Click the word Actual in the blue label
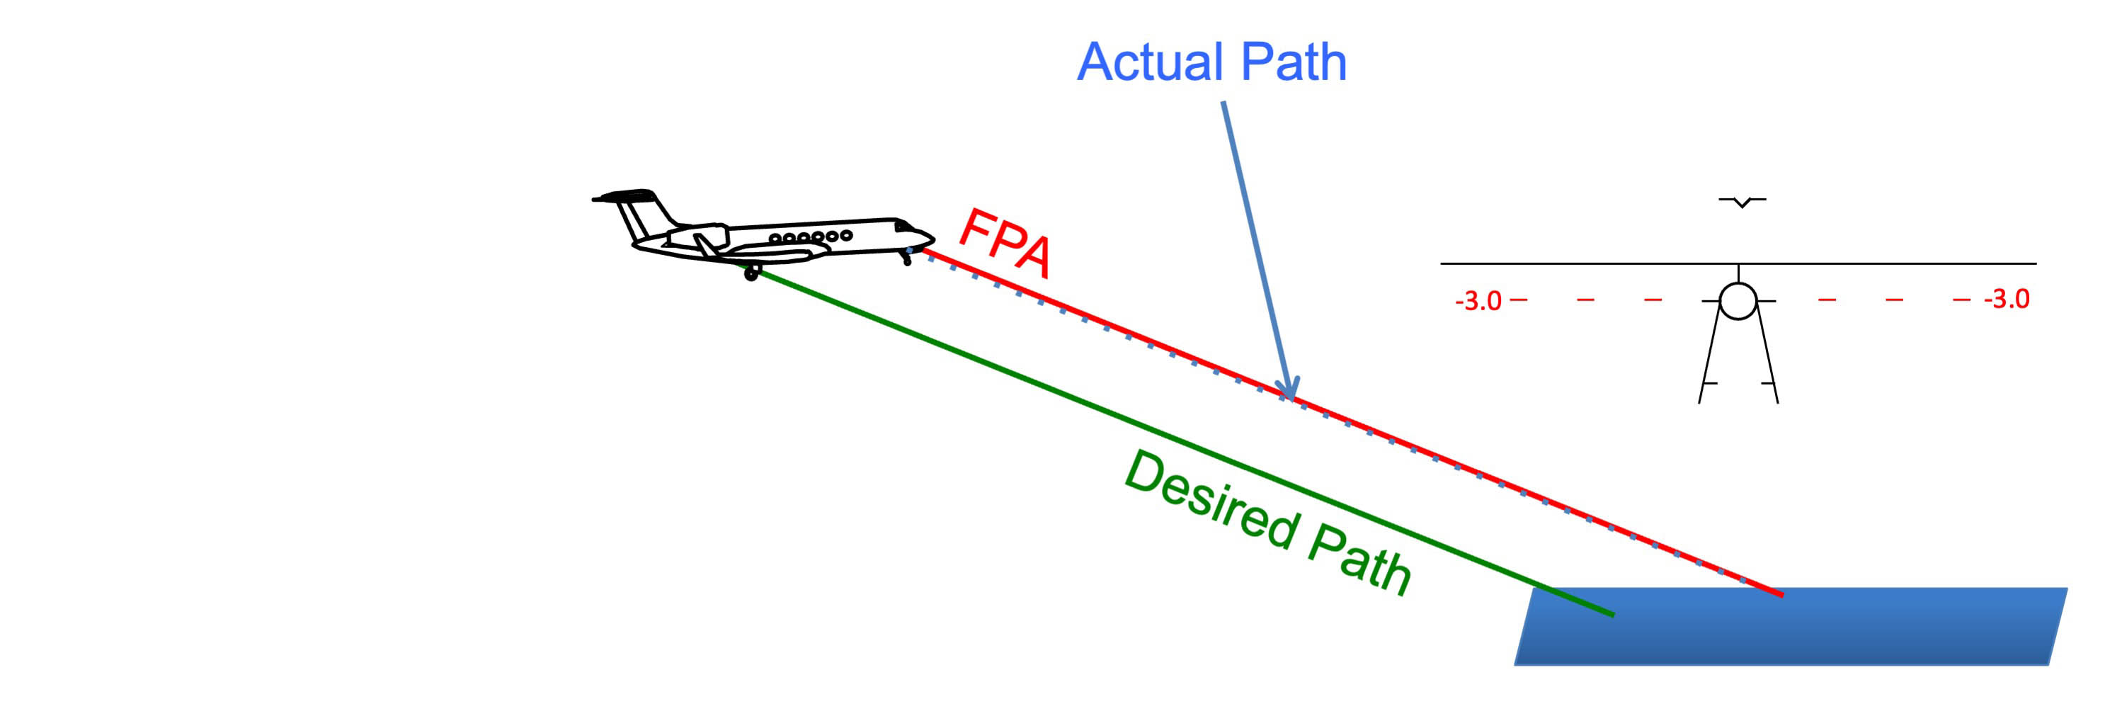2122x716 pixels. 1151,62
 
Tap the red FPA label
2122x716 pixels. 1005,242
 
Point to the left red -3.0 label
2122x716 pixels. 1478,301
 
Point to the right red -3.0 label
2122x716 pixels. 2007,298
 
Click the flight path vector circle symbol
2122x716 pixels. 1738,301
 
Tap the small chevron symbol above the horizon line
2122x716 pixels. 1741,201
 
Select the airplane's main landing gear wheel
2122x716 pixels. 751,273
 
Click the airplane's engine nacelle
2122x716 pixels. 696,239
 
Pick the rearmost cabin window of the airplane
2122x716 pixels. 775,238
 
